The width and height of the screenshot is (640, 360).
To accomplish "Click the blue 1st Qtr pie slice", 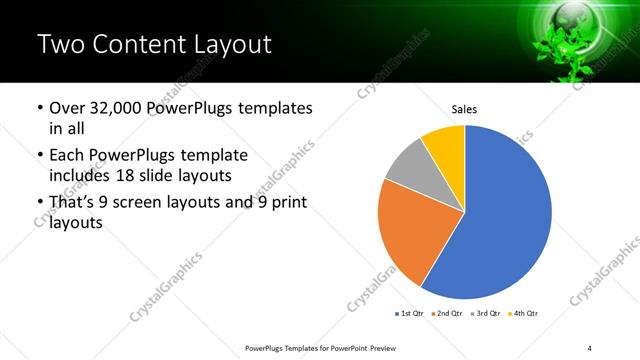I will (505, 220).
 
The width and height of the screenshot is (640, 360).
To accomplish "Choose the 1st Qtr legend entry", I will (411, 314).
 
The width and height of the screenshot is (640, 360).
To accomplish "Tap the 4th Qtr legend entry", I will (525, 314).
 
